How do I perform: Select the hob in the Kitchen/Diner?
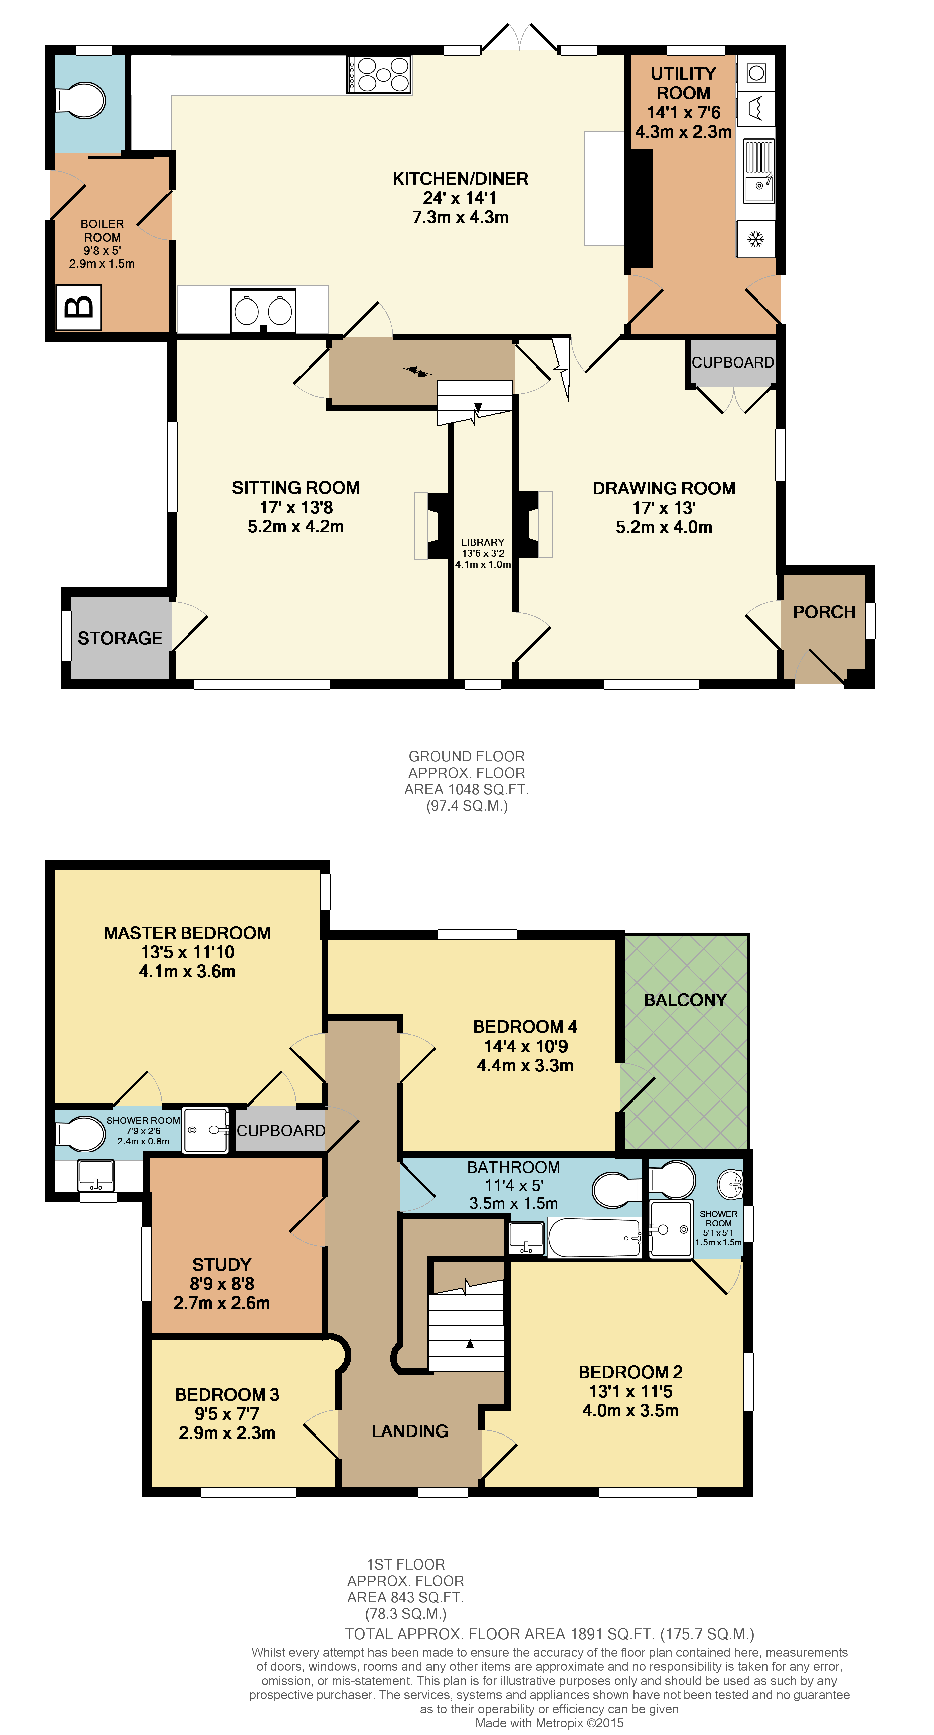(x=379, y=74)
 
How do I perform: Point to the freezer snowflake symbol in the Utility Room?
(x=755, y=239)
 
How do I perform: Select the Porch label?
(x=823, y=612)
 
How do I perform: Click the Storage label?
(x=120, y=638)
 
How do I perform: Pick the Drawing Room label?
(x=663, y=488)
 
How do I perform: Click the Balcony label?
(x=685, y=1000)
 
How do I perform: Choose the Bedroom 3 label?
(x=227, y=1394)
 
